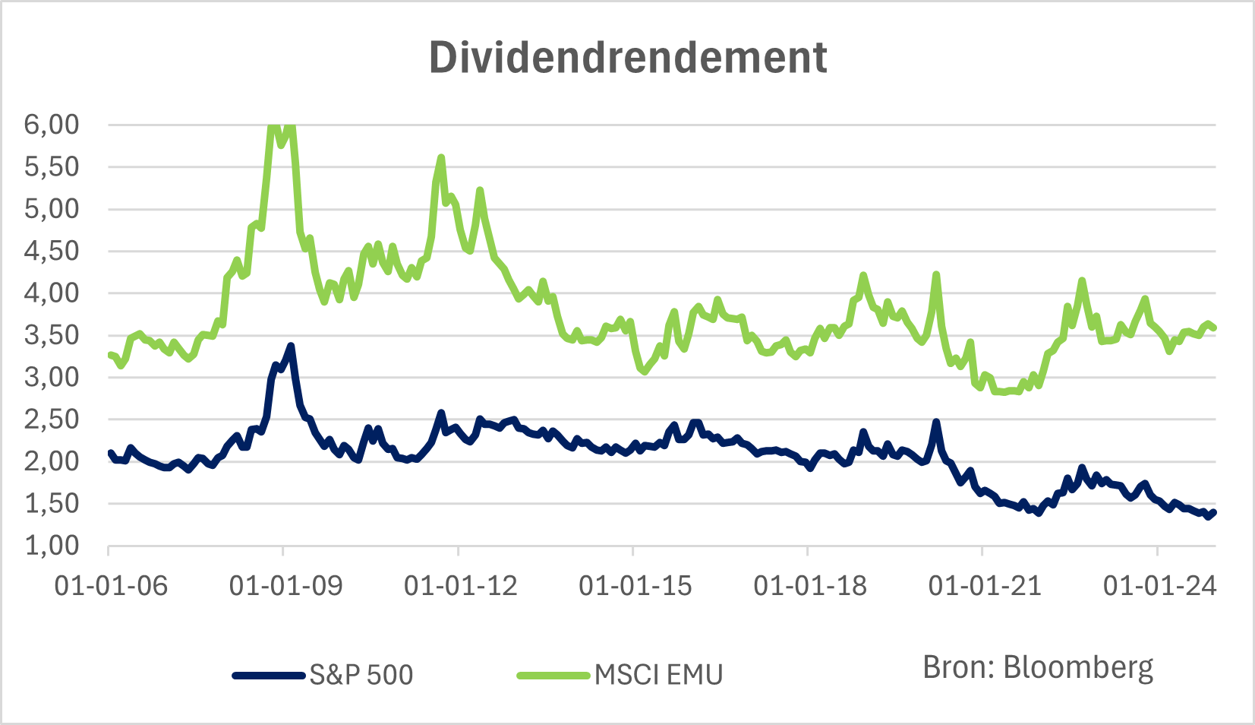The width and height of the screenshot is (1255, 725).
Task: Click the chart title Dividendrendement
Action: pos(627,58)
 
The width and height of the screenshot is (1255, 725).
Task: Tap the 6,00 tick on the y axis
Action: pos(52,125)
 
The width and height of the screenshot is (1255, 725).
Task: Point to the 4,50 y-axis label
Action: pos(52,251)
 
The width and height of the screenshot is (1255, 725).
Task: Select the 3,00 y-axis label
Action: pos(52,377)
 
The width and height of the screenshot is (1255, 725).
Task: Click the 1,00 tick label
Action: pos(52,545)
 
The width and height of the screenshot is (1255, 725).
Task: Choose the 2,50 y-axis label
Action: pos(52,419)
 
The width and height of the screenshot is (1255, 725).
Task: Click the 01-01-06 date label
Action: pos(111,586)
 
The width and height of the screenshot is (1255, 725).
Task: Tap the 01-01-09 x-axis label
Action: pos(285,586)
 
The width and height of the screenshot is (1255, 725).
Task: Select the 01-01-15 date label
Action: pos(635,586)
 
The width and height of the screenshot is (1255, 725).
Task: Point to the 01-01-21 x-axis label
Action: pos(985,586)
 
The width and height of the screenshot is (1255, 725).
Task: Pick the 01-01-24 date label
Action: pos(1159,586)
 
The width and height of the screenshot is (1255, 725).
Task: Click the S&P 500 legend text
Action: pos(361,675)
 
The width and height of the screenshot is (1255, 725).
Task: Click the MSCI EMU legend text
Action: pos(658,675)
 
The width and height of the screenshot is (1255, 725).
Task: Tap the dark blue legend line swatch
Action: pos(269,675)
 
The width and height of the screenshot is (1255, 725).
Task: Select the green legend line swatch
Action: pos(553,675)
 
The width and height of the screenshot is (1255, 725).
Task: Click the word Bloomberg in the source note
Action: pos(1078,667)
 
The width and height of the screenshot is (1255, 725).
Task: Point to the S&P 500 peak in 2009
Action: pos(291,347)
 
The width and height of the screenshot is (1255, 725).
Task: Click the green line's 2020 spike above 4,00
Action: pos(936,275)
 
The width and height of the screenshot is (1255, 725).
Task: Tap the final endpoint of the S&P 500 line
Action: pos(1214,512)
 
